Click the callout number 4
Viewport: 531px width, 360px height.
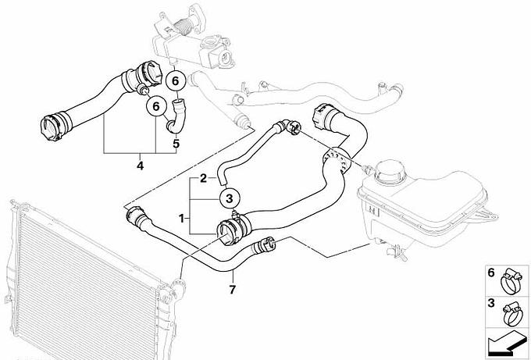(x=140, y=166)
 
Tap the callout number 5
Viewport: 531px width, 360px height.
(x=176, y=144)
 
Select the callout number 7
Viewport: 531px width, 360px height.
(x=233, y=290)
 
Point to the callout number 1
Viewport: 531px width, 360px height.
(x=181, y=219)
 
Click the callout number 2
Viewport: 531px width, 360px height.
(x=203, y=178)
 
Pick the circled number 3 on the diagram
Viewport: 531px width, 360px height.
(x=230, y=198)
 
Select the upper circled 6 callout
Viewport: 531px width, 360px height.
(x=175, y=81)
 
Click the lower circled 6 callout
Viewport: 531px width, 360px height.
(x=156, y=106)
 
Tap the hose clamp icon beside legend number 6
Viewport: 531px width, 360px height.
(x=511, y=281)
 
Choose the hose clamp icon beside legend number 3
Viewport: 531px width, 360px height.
(x=512, y=315)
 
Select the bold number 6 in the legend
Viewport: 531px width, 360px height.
(x=491, y=273)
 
